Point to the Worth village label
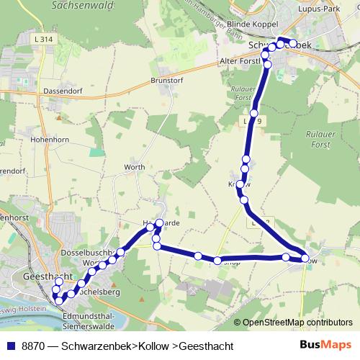click(x=135, y=168)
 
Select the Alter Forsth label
click(x=240, y=62)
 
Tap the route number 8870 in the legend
click(x=34, y=346)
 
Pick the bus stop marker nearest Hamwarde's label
click(x=159, y=223)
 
